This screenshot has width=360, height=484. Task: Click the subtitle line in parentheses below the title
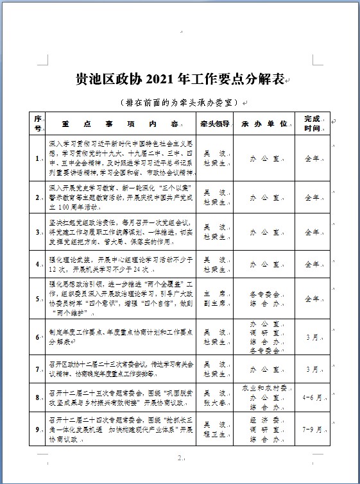coord(179,102)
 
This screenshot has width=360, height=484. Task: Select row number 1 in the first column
coord(39,158)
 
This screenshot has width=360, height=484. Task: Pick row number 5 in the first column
coord(39,299)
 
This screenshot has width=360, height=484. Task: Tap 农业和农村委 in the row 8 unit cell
coord(263,388)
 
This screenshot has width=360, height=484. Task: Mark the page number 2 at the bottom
coord(180,458)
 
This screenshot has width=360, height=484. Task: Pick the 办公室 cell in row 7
coord(263,369)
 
